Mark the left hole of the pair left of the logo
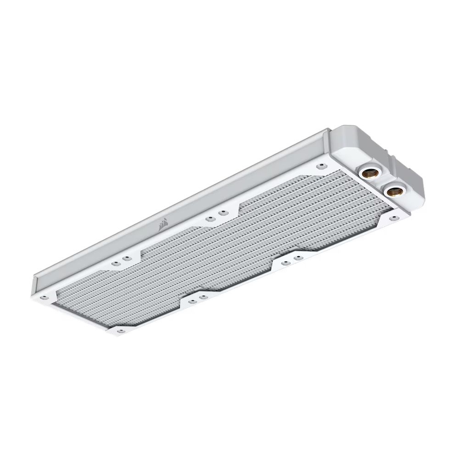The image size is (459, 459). [115, 263]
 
